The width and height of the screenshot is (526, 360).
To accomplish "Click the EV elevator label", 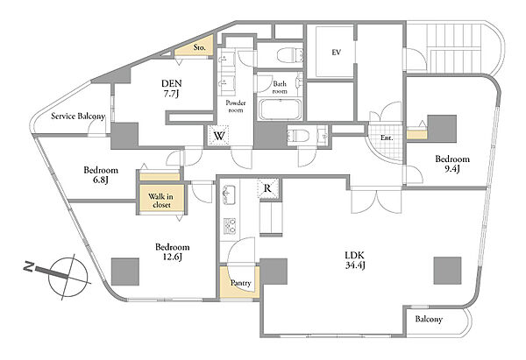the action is [337, 53].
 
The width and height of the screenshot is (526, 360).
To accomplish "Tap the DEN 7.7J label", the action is [171, 88].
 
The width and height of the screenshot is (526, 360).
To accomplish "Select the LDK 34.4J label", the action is [355, 260].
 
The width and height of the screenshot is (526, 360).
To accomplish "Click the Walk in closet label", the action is [161, 201].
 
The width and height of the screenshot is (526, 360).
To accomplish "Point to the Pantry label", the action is [240, 283].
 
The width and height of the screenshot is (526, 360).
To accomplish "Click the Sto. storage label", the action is [199, 47].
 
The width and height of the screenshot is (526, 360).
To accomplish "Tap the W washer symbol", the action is [219, 136].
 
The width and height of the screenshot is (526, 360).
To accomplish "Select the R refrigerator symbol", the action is [267, 188].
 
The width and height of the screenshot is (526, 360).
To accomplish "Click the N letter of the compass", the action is [29, 267].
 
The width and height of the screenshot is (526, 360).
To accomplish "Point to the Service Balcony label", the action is [78, 116].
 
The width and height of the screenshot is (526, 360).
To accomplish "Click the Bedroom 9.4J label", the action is [452, 164].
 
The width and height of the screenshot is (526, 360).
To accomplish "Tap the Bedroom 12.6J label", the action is [173, 252].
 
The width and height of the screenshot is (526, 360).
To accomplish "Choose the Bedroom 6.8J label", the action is [101, 174].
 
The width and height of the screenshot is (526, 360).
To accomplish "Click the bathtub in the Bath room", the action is [280, 109].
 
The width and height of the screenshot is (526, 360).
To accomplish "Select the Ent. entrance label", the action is [387, 138].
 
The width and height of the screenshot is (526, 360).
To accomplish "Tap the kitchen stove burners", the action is [230, 226].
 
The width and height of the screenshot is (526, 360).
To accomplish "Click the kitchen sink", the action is [229, 195].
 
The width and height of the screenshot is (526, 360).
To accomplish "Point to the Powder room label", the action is [236, 106].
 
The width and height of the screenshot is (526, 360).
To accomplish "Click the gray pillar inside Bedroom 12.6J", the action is [125, 272].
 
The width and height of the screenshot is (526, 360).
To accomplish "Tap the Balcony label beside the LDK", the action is [429, 319].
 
